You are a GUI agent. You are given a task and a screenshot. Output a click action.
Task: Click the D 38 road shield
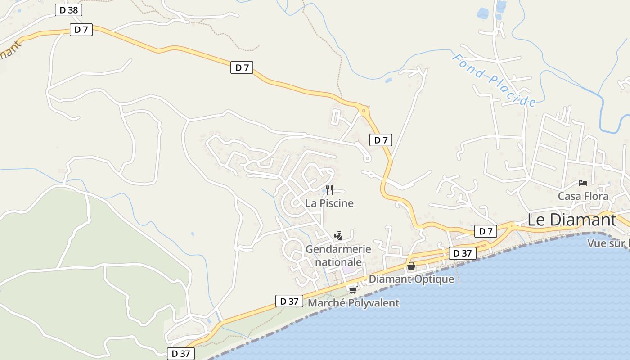[x=69, y=10]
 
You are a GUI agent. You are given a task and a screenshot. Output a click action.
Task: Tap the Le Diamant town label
[x=571, y=220]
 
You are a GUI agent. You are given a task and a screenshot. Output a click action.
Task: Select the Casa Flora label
[x=583, y=196]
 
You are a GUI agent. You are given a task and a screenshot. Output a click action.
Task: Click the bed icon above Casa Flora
[x=583, y=183]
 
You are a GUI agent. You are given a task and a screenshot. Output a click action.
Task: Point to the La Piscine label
[x=329, y=203]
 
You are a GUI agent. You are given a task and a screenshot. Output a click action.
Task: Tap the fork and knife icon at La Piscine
[x=329, y=189]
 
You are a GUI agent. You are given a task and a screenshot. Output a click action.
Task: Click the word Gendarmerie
[x=338, y=249]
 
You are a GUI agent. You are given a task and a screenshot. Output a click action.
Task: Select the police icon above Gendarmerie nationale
[x=338, y=235]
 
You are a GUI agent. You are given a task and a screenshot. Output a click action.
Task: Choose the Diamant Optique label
[x=411, y=279]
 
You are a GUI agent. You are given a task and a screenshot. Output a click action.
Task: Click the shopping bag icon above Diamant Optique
[x=411, y=266]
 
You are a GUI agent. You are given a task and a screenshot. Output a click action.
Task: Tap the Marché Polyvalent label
[x=353, y=303]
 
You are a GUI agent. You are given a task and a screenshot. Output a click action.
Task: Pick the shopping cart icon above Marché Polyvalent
[x=353, y=290]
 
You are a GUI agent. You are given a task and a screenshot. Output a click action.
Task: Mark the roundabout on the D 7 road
[x=363, y=110]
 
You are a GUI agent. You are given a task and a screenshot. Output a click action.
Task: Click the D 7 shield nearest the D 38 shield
[x=81, y=30]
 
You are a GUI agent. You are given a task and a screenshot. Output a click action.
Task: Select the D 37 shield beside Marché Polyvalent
[x=289, y=301]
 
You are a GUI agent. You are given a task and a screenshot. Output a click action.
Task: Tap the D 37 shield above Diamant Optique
[x=463, y=253]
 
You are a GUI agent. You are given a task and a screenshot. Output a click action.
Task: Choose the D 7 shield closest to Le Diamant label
[x=486, y=232]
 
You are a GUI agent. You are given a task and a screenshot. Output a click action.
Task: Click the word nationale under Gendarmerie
[x=338, y=262]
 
